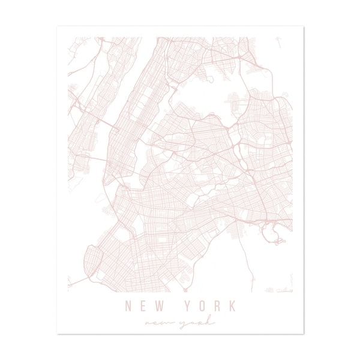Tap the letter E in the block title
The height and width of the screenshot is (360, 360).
142,306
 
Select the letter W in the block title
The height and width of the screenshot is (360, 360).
158,306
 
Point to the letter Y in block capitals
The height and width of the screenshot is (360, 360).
187,306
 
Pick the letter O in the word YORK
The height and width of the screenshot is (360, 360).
201,306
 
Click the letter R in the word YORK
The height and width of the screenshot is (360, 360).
216,306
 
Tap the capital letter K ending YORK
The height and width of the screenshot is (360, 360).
231,306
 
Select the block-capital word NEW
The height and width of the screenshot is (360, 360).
143,306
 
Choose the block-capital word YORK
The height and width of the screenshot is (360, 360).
209,306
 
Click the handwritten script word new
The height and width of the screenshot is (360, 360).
159,323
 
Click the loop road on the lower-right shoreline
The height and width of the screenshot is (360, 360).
279,242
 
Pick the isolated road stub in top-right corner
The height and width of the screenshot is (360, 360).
280,42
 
